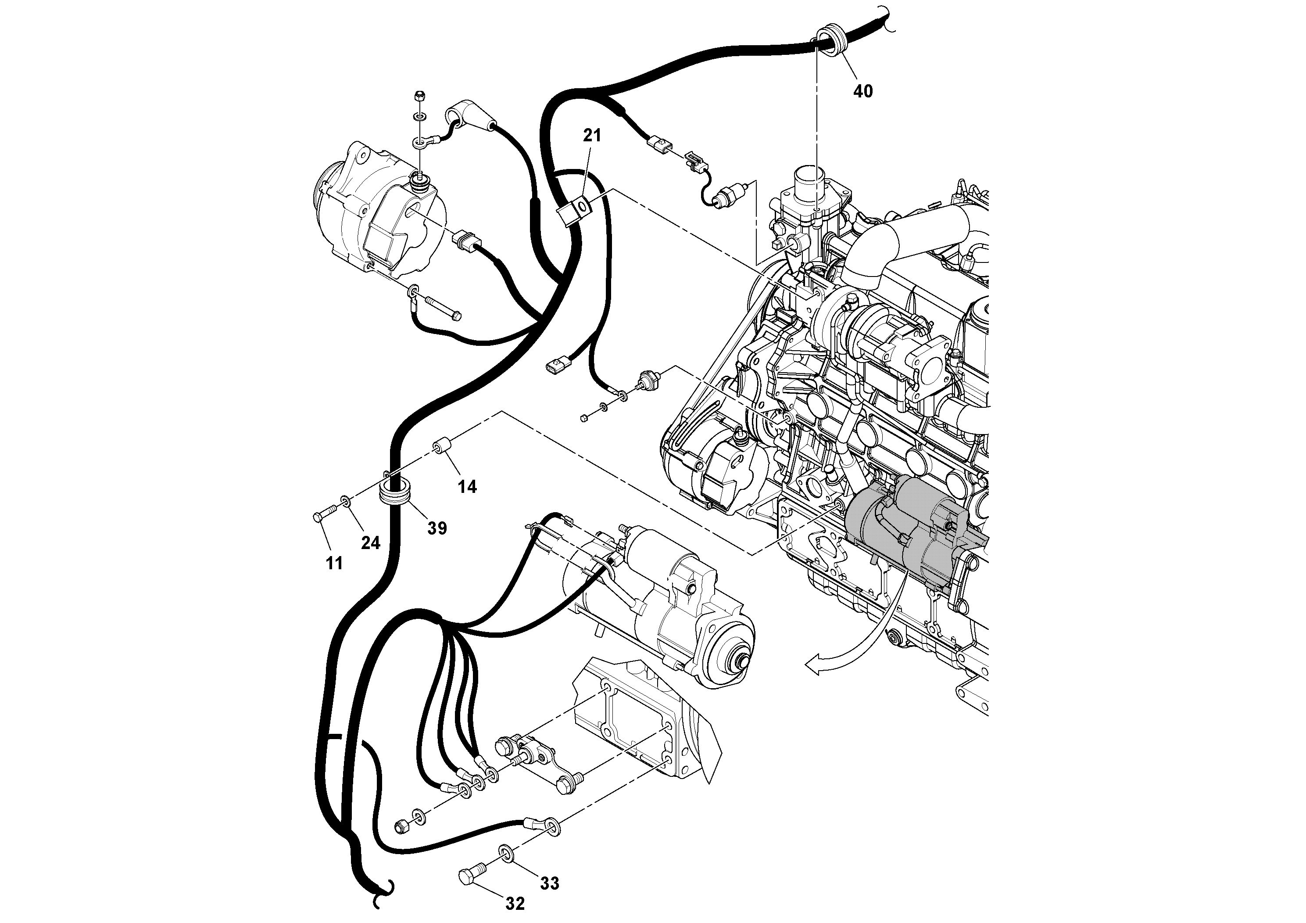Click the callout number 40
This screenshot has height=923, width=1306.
[863, 91]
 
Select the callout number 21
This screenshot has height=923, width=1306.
[591, 136]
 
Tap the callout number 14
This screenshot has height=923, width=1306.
[468, 487]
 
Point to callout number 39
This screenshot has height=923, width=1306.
[437, 528]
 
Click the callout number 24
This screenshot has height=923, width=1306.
[370, 543]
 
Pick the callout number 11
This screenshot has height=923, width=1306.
[334, 564]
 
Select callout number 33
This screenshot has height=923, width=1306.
[550, 883]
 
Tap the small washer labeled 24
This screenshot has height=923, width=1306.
[345, 501]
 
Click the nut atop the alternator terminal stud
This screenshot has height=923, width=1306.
[419, 96]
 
